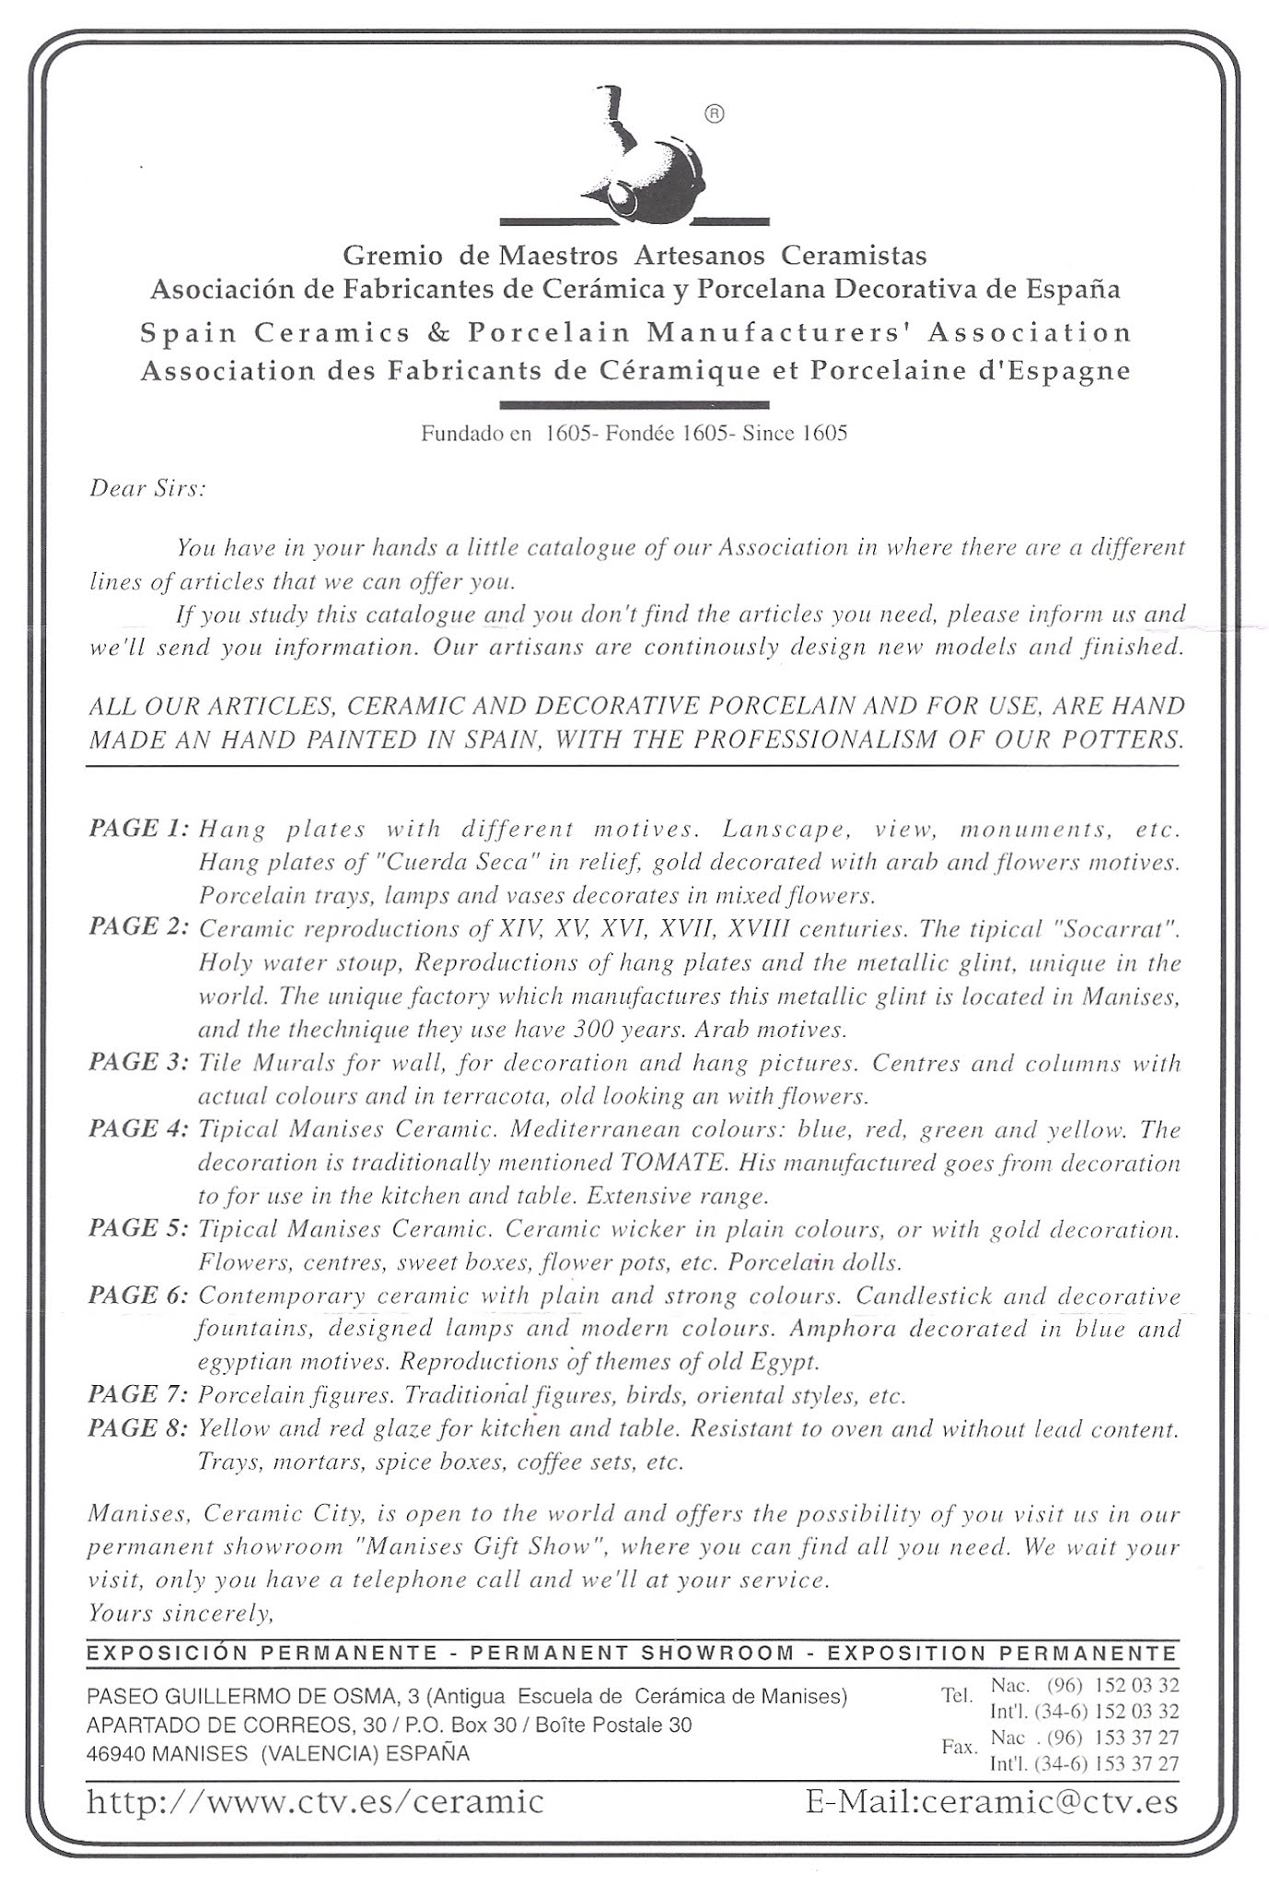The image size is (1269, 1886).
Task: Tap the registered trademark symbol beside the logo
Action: point(715,114)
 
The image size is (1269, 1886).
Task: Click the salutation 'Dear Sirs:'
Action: point(147,489)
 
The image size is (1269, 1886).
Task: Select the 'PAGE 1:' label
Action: point(139,828)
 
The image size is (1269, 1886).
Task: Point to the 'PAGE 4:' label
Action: point(139,1129)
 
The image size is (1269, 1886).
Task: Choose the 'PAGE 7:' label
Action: point(139,1394)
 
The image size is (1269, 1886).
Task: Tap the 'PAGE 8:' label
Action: point(139,1427)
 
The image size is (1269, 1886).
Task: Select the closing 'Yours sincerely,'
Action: point(181,1612)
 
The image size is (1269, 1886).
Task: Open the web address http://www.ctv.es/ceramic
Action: point(315,1800)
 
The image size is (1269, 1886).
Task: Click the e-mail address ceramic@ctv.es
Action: point(992,1800)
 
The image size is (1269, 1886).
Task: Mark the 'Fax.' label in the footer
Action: point(959,1746)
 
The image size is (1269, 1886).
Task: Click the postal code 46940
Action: point(115,1754)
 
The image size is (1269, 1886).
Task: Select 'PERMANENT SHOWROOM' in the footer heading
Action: point(632,1653)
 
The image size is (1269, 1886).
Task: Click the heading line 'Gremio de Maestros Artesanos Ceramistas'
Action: point(634,255)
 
